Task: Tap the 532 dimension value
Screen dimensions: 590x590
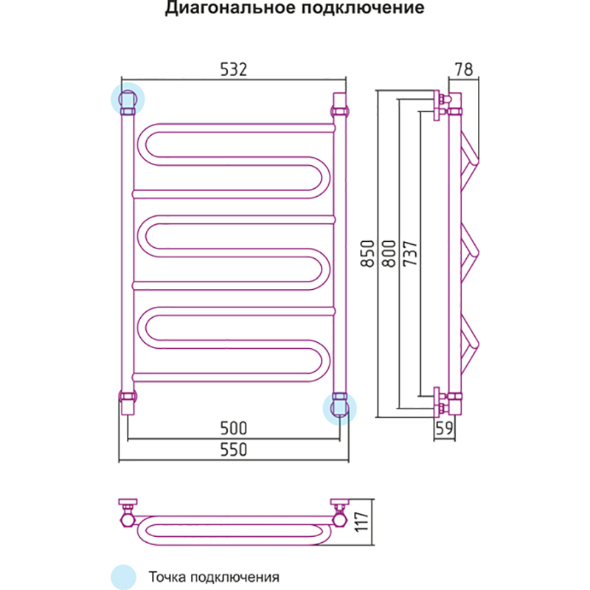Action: click(x=232, y=69)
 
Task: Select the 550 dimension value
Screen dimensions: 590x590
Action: click(x=232, y=449)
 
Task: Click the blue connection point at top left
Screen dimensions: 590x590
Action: click(x=127, y=100)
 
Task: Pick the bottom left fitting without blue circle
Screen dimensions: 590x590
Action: click(x=127, y=402)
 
